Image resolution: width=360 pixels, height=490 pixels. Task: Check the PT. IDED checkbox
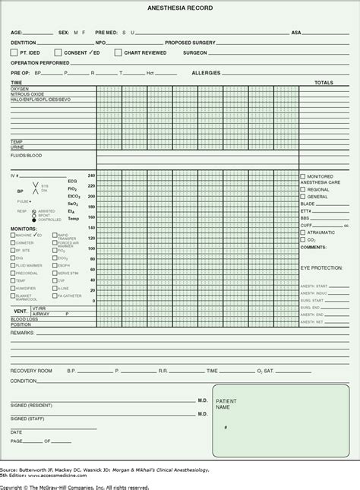14,52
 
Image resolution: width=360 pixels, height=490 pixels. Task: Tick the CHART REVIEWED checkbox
118,52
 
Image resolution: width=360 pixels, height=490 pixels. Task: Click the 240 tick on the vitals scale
92,176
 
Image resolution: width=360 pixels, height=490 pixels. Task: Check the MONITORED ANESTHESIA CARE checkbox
302,176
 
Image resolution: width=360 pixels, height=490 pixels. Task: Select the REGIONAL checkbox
302,189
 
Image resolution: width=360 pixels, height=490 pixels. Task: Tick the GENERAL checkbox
302,197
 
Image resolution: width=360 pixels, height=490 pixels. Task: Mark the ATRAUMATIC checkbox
302,232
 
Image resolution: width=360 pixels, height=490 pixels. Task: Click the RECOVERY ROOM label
30,371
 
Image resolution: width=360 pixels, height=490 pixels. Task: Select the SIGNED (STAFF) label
27,419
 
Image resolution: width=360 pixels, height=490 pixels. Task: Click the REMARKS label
22,333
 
